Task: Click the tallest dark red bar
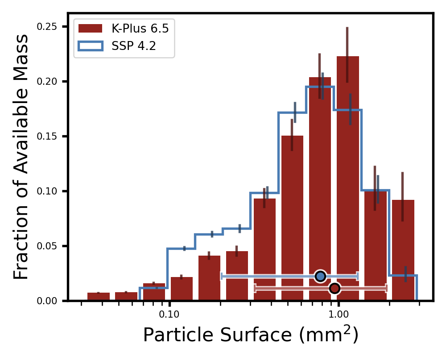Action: tap(347, 178)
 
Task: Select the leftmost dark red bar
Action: tap(99, 297)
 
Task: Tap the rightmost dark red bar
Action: tap(403, 250)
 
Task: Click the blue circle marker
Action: tap(320, 276)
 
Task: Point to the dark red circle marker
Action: tap(334, 289)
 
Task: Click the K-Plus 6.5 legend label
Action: tap(140, 29)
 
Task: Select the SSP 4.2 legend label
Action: tap(133, 46)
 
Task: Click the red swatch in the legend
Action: tap(91, 29)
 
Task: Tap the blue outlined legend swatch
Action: tap(91, 46)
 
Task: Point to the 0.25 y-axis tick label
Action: tap(46, 27)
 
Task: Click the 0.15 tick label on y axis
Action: tap(46, 137)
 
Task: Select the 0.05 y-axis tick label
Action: tap(46, 246)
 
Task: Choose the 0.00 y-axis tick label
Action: tap(46, 301)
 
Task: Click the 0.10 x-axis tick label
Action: tap(169, 314)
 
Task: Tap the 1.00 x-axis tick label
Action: tap(338, 314)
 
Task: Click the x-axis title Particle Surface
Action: tap(250, 335)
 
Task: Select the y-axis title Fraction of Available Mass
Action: tap(21, 157)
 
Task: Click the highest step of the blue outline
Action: tap(320, 87)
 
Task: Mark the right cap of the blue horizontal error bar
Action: tap(357, 276)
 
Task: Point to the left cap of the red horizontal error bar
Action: tap(255, 288)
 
